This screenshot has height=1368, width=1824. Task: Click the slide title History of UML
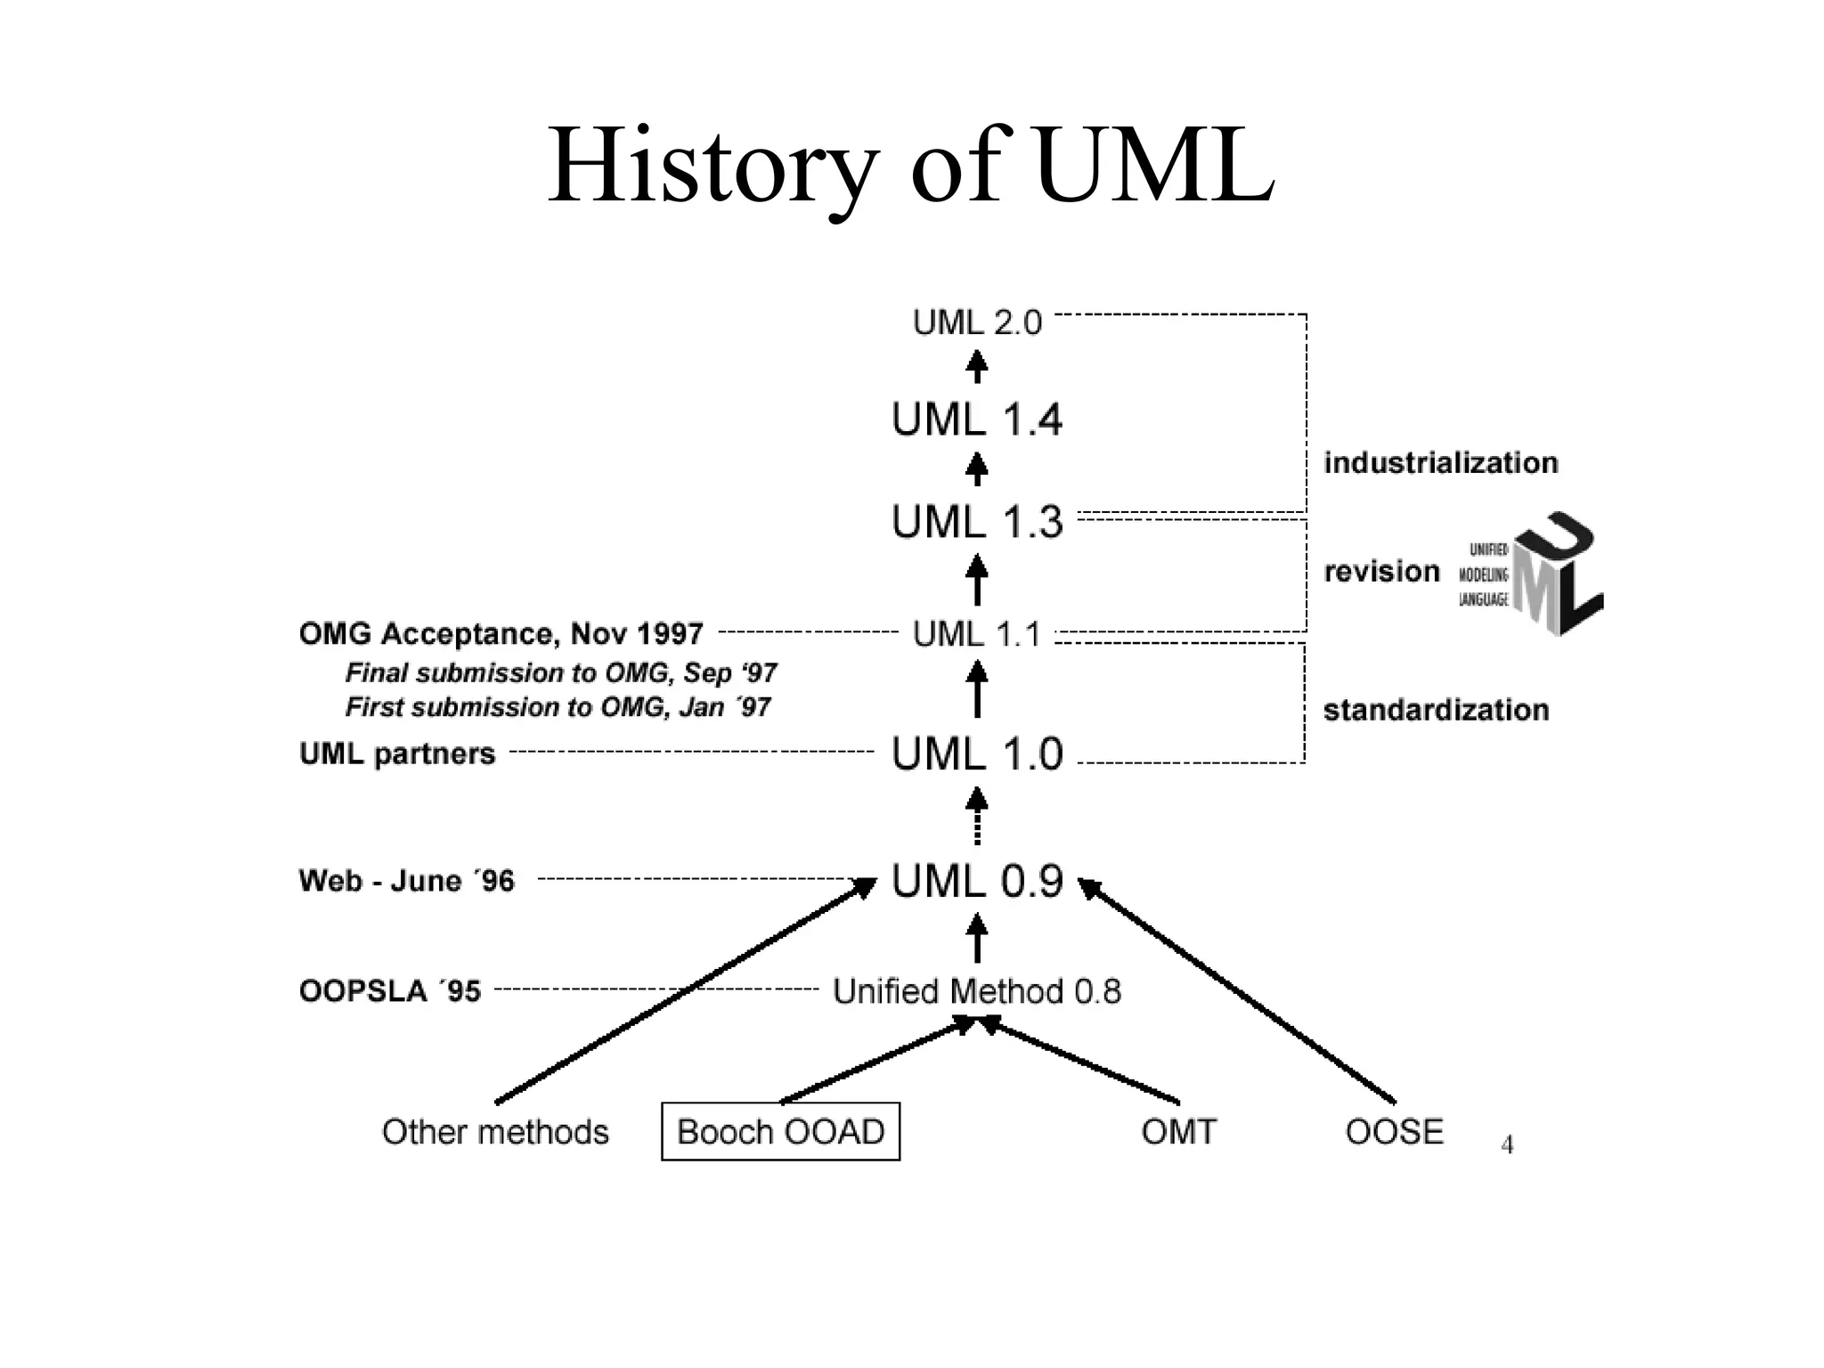click(x=910, y=167)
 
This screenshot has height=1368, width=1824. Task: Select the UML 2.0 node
click(x=977, y=322)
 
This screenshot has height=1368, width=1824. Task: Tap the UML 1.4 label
click(x=977, y=419)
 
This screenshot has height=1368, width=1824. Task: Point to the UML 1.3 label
click(x=977, y=522)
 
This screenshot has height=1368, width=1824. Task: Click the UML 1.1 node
click(x=977, y=634)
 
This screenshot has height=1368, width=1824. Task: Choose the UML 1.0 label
click(x=977, y=754)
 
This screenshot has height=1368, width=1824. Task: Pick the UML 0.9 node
click(x=977, y=881)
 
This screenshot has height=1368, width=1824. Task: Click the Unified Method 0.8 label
click(x=977, y=991)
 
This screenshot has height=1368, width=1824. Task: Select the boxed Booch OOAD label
click(x=780, y=1132)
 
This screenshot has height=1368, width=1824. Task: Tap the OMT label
click(x=1178, y=1132)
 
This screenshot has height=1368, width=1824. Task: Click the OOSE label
click(x=1394, y=1132)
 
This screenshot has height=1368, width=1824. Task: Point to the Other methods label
click(x=495, y=1132)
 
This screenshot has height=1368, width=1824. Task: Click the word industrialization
click(x=1440, y=463)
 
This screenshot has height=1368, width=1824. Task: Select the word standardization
click(x=1436, y=710)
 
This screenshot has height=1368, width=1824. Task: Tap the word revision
click(x=1381, y=571)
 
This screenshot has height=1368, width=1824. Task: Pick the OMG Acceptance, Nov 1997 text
click(x=501, y=634)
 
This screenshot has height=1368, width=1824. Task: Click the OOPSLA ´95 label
click(x=390, y=991)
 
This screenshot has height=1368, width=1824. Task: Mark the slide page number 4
click(x=1507, y=1145)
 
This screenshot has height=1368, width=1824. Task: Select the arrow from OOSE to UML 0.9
click(x=1238, y=990)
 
